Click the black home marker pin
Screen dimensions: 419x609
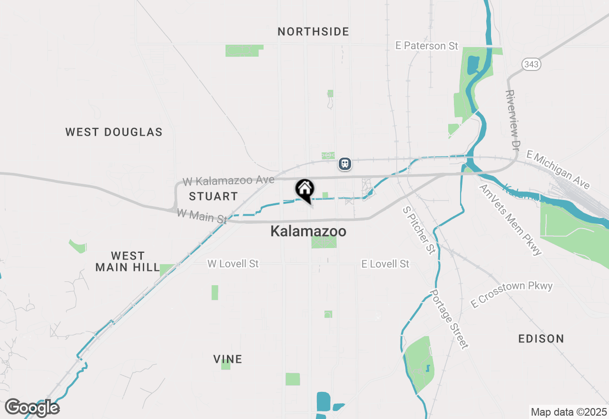tap(304, 190)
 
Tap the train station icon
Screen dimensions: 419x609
tap(345, 164)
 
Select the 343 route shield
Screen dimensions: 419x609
tap(531, 64)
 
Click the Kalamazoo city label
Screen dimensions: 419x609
tap(308, 231)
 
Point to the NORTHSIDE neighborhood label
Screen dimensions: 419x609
tap(314, 32)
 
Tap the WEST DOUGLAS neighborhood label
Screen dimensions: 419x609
tap(114, 132)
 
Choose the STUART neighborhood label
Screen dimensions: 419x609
tap(213, 196)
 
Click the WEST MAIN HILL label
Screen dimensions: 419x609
tap(127, 261)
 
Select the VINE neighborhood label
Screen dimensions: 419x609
tap(228, 359)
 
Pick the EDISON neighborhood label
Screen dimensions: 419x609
tap(541, 339)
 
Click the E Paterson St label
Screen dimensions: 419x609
tap(427, 46)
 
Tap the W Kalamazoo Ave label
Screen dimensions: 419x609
tap(229, 180)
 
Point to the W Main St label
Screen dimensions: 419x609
tap(202, 216)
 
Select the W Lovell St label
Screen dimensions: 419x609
tap(233, 263)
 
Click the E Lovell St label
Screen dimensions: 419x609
tap(385, 263)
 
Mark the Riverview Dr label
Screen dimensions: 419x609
tap(511, 120)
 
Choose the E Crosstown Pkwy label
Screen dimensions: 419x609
tap(512, 294)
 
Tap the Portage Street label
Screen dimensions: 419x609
tap(449, 319)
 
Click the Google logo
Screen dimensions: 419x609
tap(32, 408)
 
